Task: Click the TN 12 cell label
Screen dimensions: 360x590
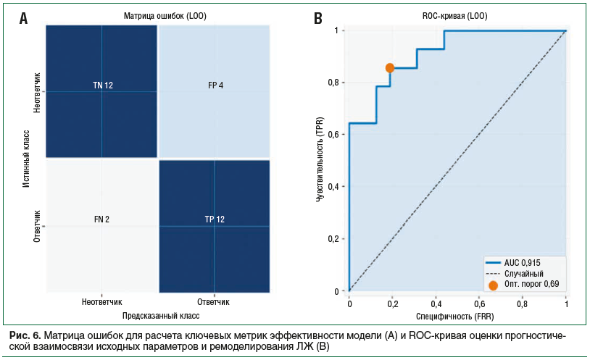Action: [x=102, y=85]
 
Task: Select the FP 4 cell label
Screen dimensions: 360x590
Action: [x=215, y=85]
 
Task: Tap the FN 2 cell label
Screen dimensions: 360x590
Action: [x=101, y=219]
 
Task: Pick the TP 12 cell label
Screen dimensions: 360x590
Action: [x=215, y=219]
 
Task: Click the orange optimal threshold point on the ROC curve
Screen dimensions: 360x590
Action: [x=390, y=67]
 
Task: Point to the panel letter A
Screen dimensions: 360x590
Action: [x=24, y=19]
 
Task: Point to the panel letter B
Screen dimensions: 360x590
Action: [x=317, y=19]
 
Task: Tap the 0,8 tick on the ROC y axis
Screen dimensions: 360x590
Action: [x=332, y=83]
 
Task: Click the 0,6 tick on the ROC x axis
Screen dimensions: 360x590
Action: [x=479, y=304]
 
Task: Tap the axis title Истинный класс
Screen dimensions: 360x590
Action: [x=26, y=159]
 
